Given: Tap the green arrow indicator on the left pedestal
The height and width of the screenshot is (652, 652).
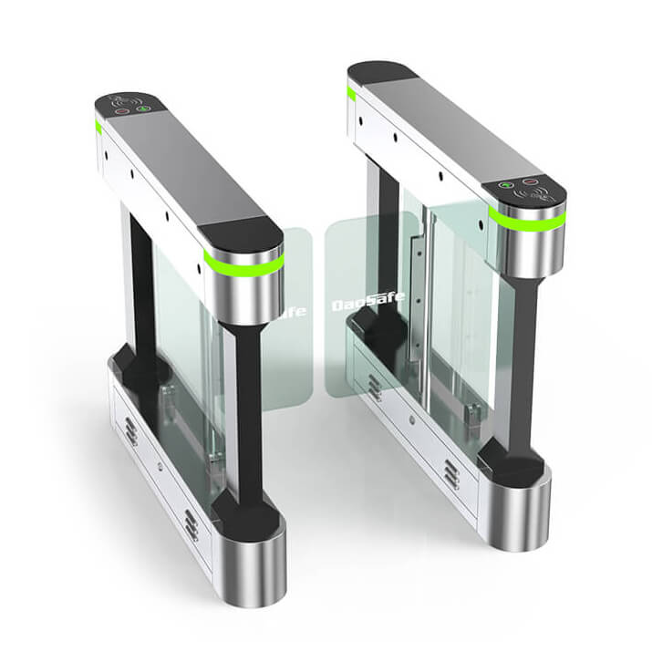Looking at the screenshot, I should click(x=143, y=109).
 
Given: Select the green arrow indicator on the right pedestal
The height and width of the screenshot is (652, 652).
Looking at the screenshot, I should click(x=508, y=184).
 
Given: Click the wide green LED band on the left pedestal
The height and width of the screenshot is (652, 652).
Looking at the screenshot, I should click(x=243, y=264).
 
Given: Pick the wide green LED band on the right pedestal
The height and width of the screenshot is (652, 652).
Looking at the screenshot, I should click(x=526, y=220).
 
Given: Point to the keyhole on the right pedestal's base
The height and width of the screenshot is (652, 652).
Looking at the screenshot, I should click(x=411, y=419).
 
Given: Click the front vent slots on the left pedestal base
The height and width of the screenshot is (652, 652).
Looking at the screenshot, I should click(x=191, y=524).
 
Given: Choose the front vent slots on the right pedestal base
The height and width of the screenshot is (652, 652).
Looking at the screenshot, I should click(x=450, y=473).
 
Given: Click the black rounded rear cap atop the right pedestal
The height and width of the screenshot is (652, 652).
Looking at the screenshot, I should click(x=381, y=72).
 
